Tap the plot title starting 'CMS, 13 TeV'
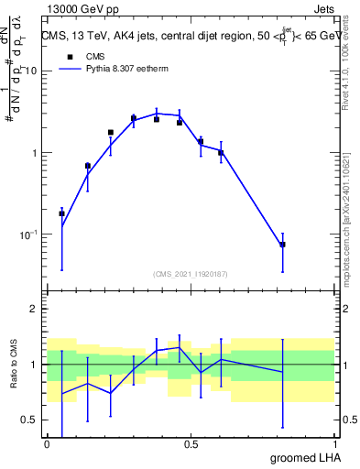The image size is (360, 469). pyautogui.click(x=190, y=36)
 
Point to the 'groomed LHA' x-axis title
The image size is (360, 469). pyautogui.click(x=304, y=457)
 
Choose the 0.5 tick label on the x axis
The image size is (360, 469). pyautogui.click(x=191, y=443)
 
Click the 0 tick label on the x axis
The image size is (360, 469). pyautogui.click(x=47, y=443)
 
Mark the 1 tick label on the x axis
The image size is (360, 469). pyautogui.click(x=335, y=443)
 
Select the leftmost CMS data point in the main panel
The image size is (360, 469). pyautogui.click(x=61, y=213)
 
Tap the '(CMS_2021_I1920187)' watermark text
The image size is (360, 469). pyautogui.click(x=190, y=273)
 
